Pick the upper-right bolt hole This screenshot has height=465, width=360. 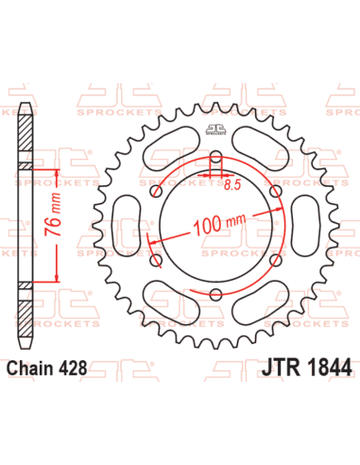point(276,193)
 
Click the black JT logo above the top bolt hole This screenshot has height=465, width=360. point(215,135)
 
